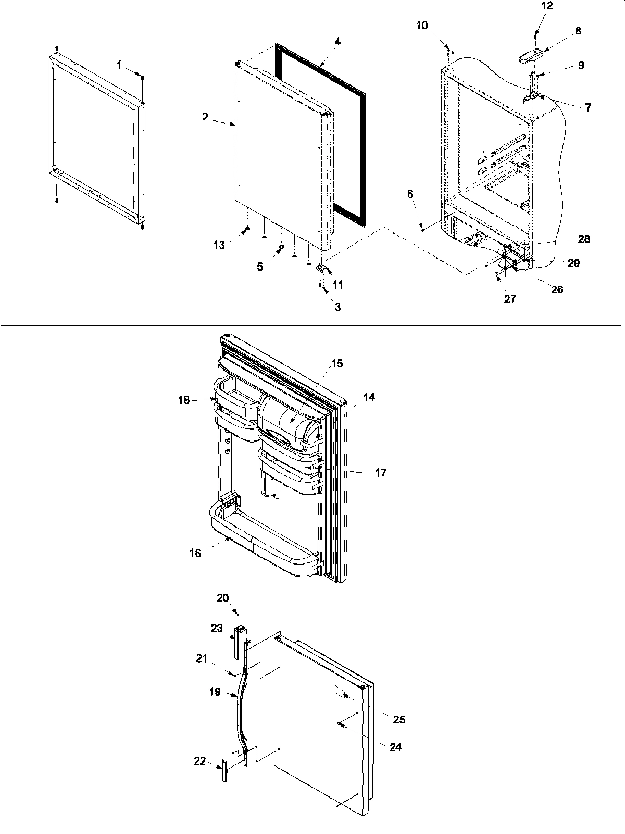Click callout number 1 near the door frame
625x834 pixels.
(x=119, y=65)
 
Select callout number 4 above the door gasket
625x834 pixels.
(x=337, y=42)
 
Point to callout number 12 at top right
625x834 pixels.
(x=547, y=6)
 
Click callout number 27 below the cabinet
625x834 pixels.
(x=510, y=299)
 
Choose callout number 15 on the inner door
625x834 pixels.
(x=337, y=363)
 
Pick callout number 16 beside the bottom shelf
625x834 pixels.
(x=195, y=553)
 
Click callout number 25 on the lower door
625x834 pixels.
(x=399, y=720)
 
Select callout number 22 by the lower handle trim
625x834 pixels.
(x=200, y=761)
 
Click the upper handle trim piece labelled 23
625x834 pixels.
(x=238, y=642)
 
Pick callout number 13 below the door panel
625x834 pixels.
(x=220, y=245)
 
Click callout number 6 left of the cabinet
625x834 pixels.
(x=410, y=194)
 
